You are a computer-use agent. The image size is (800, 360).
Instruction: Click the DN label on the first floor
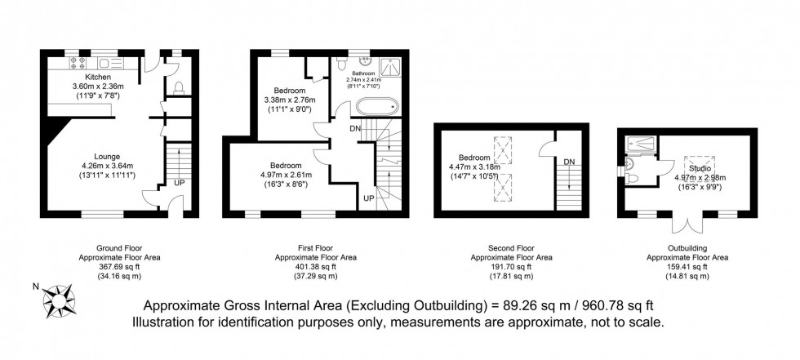click(x=353, y=128)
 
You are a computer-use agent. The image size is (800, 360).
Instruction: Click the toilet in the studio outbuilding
click(x=628, y=171)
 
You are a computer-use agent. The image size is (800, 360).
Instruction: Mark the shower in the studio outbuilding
click(x=641, y=144)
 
